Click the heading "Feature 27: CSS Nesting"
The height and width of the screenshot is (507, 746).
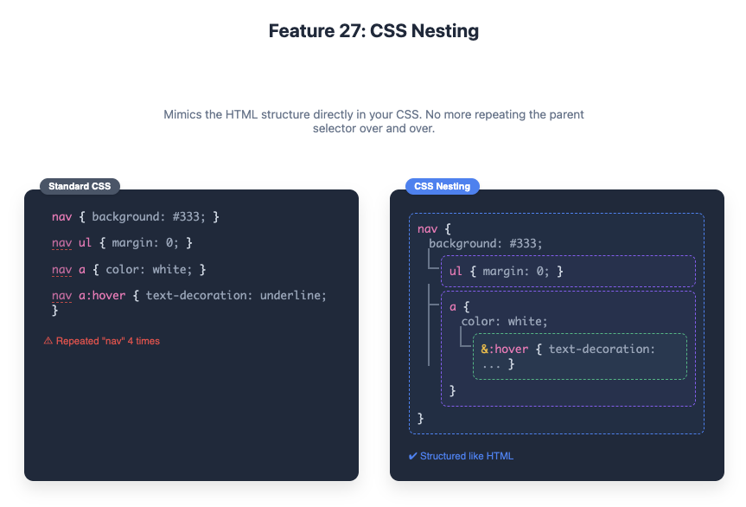point(373,32)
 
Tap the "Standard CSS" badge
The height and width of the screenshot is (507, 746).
point(80,186)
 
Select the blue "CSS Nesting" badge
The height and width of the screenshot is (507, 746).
point(442,186)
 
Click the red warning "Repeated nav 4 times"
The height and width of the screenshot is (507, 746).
point(102,341)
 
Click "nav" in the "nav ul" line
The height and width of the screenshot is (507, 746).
point(61,243)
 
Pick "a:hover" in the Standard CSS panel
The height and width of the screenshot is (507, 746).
point(103,296)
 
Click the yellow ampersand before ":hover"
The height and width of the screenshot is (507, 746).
point(485,350)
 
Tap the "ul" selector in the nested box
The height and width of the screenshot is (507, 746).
point(456,272)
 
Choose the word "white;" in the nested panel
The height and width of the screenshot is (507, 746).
point(527,322)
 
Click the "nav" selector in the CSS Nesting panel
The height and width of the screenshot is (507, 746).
point(427,229)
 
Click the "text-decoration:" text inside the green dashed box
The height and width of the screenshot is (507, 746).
point(602,350)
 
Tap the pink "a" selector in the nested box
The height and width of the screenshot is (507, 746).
point(453,306)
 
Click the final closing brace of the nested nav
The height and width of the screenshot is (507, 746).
point(421,419)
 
